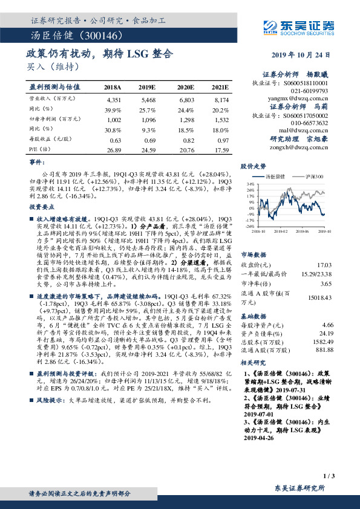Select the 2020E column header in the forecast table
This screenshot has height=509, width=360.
pyautogui.click(x=186, y=87)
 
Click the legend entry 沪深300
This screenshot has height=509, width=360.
pyautogui.click(x=313, y=176)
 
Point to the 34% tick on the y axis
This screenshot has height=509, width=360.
pyautogui.click(x=249, y=183)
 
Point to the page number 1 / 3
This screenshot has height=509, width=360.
pyautogui.click(x=329, y=478)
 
